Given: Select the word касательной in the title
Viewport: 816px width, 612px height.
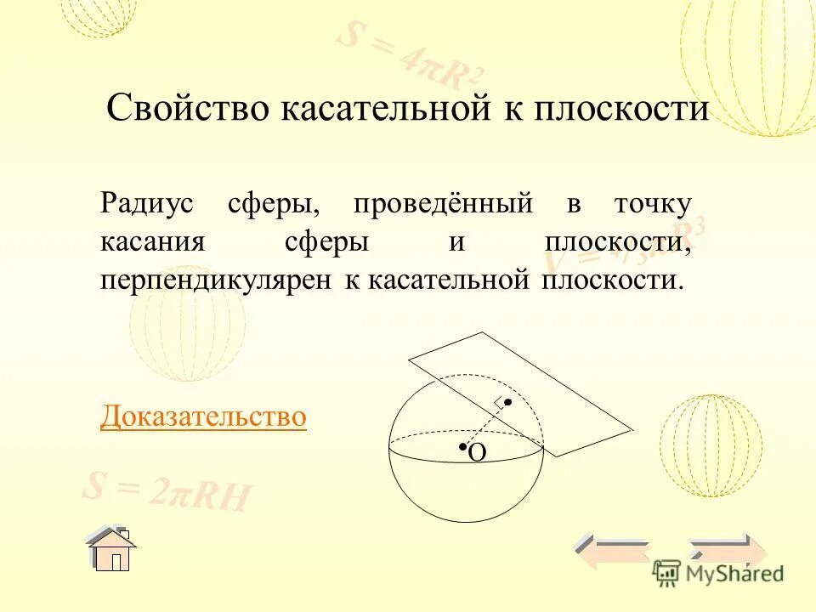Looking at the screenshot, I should tap(371, 110).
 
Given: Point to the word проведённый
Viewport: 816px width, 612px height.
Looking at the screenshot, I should tap(443, 204).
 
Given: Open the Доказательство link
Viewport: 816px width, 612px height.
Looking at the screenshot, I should tap(203, 416).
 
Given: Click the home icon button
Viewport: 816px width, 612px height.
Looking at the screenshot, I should tap(111, 548).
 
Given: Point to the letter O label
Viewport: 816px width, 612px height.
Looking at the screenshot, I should tap(477, 454).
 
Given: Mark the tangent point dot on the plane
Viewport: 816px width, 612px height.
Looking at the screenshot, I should tap(507, 401).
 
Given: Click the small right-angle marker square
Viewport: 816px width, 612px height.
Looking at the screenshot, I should tap(499, 401).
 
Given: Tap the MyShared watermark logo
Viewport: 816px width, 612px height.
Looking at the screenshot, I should tap(718, 572).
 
